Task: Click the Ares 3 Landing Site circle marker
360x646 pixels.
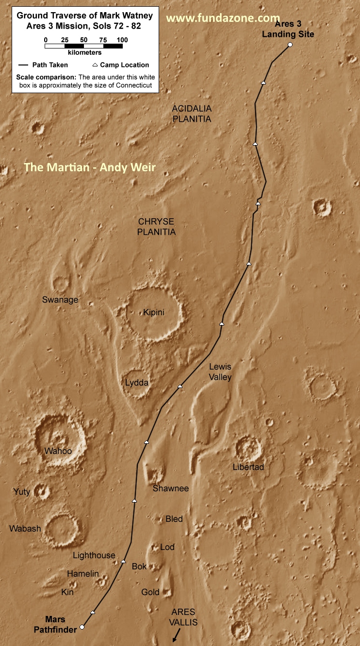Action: [x=290, y=45]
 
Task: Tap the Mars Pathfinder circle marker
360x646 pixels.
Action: [x=82, y=627]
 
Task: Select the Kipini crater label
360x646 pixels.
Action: [x=154, y=312]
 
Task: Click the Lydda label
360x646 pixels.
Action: [x=137, y=383]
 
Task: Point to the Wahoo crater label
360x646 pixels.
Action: [x=58, y=451]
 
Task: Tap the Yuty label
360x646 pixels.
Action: [x=22, y=492]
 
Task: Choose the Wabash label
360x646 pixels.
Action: [x=25, y=529]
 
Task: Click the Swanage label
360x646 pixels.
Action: [x=60, y=300]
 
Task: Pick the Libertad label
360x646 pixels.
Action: [x=248, y=467]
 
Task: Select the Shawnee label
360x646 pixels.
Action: [x=171, y=488]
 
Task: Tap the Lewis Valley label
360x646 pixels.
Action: [x=220, y=372]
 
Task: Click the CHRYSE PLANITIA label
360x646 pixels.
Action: [x=156, y=227]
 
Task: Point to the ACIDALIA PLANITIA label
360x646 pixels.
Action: [x=192, y=113]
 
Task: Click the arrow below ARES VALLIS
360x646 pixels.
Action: [x=176, y=634]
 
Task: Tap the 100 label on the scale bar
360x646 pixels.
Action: [x=122, y=40]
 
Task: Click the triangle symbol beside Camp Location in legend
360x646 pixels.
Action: [x=95, y=65]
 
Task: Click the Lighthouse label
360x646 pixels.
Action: [x=94, y=555]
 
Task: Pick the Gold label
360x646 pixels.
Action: [x=150, y=592]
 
